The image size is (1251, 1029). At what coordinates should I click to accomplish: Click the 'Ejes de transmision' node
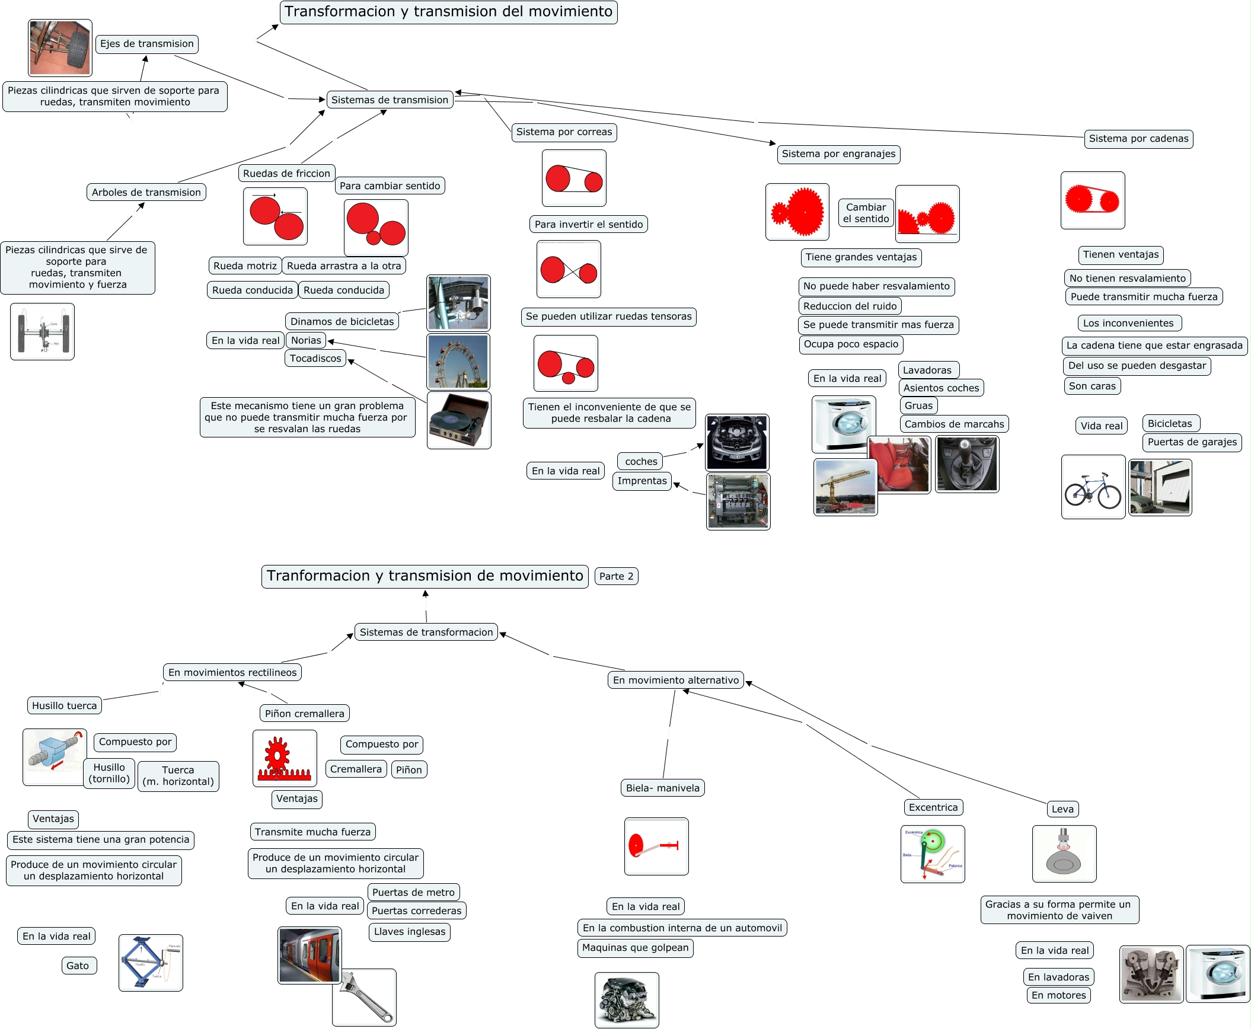147,44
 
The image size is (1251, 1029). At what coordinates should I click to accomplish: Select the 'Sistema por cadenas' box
1138,139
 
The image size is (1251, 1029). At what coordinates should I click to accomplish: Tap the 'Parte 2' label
616,576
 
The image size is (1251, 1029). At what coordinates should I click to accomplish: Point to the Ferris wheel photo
458,361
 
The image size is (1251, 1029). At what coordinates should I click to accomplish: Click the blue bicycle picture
1093,487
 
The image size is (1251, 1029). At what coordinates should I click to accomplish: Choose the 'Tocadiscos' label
315,359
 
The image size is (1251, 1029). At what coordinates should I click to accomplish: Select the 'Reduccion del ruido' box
850,306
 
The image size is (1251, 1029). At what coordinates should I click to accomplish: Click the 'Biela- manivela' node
662,788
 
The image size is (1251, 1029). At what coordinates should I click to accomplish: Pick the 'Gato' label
78,966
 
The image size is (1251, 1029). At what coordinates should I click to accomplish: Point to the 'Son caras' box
1092,386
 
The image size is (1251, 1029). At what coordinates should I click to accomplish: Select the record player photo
459,420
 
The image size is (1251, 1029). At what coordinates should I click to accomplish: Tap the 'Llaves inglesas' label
410,932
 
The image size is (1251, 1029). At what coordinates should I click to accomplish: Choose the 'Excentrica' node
933,807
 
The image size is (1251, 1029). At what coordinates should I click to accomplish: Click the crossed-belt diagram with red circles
569,270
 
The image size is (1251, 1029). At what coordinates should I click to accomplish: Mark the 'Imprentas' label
642,481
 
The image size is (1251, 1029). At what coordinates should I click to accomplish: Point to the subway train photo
309,955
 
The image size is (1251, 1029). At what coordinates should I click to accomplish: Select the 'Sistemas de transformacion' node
426,632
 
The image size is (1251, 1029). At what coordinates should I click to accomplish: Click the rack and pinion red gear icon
285,759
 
